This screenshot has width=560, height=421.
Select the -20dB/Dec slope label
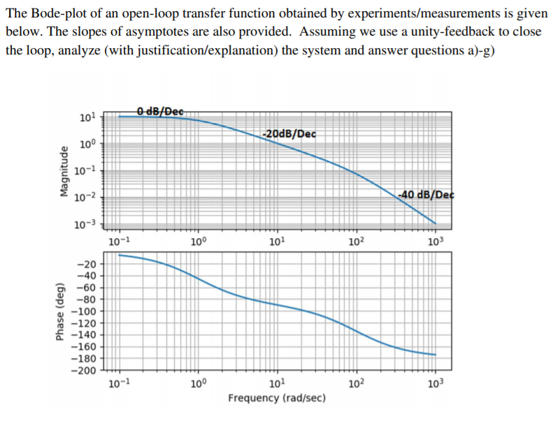(288, 133)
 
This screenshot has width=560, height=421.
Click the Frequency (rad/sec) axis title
(276, 398)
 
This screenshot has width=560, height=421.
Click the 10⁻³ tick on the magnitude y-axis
(86, 223)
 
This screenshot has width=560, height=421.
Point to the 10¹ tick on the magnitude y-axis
(88, 117)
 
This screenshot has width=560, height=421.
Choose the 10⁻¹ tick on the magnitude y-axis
(86, 170)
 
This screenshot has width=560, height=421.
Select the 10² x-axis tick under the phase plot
(356, 384)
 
